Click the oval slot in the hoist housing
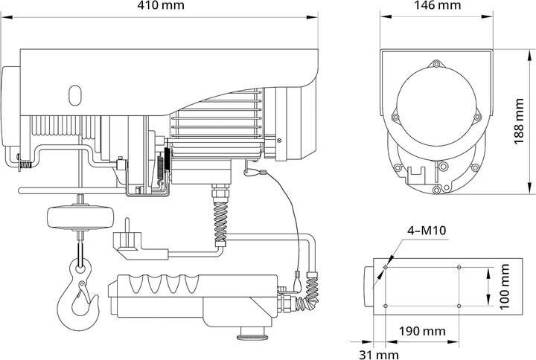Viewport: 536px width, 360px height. (x=74, y=95)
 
